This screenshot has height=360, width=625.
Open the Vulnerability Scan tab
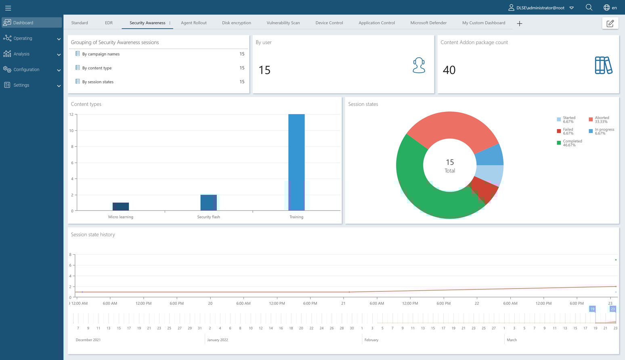[x=283, y=23]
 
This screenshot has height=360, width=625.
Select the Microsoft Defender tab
[x=428, y=23]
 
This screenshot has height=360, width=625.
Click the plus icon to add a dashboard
[x=520, y=24]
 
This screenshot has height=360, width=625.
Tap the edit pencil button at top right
[x=610, y=23]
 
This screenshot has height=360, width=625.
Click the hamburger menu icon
[x=8, y=8]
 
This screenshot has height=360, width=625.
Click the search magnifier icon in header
[x=589, y=8]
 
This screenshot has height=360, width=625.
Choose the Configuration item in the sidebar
[x=27, y=70]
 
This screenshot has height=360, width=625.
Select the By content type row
[x=97, y=68]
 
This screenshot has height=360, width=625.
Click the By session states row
[x=98, y=82]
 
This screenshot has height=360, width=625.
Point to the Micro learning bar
[x=121, y=207]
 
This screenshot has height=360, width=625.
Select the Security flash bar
[x=209, y=203]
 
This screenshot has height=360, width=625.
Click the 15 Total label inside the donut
[x=450, y=165]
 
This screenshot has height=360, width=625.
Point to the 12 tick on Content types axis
[x=71, y=115]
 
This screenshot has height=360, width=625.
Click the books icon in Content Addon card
[x=604, y=65]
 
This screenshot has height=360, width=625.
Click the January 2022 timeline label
[x=218, y=340]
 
